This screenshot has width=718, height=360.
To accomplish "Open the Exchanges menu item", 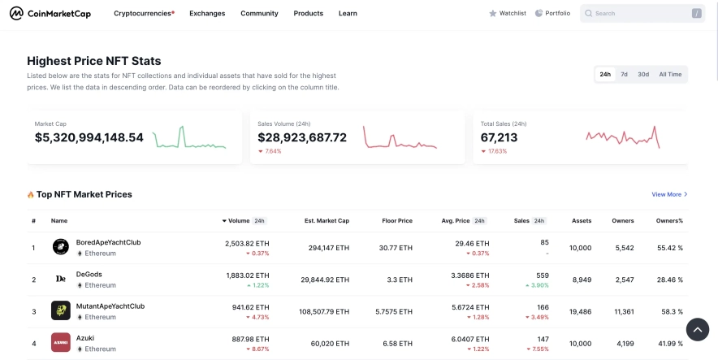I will tap(207, 14).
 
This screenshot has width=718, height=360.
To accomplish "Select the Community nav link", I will tap(259, 14).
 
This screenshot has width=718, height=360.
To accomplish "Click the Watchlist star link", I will tap(508, 14).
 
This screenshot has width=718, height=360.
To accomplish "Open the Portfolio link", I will tap(552, 14).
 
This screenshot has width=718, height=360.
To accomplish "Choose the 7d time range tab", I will tap(624, 75).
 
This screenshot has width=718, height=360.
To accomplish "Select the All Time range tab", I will tap(670, 75).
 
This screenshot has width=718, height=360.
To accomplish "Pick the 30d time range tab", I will tap(643, 75).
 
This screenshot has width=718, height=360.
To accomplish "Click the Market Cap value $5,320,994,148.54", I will tap(89, 138).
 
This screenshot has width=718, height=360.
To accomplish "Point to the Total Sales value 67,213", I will tap(499, 138).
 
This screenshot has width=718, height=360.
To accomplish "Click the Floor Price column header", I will tap(397, 221).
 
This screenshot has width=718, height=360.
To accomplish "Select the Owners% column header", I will tap(669, 221).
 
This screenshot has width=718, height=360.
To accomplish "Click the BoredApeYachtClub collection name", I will tap(108, 242).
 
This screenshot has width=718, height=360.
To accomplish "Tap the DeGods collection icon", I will tap(61, 279).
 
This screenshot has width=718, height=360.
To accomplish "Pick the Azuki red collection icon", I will tap(61, 342).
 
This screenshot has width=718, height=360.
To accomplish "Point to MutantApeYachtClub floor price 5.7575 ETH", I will tap(393, 311).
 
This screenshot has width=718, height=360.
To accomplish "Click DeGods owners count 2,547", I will tap(625, 280).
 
